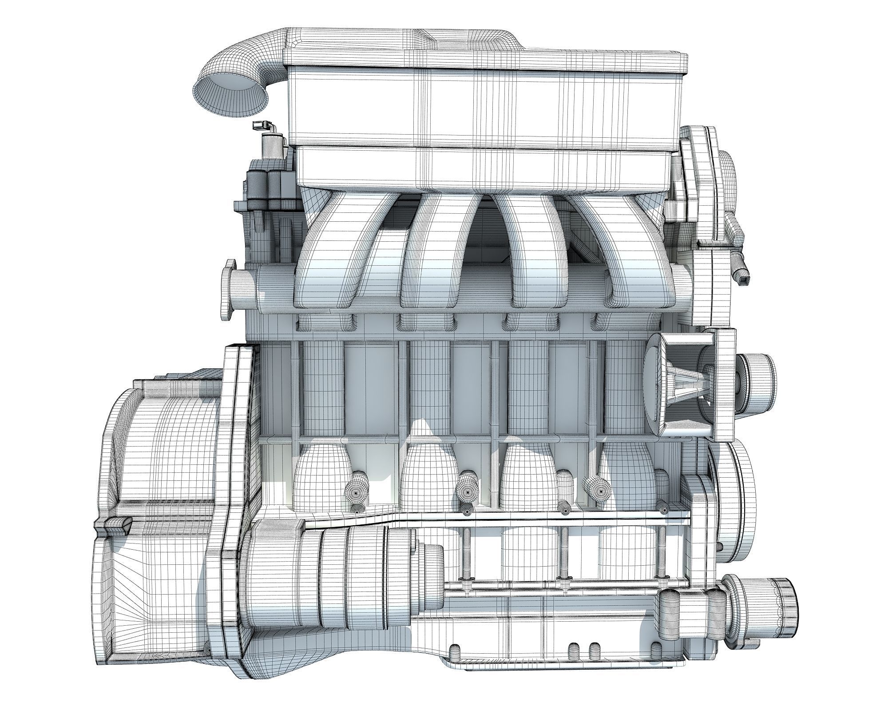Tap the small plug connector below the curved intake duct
pyautogui.click(x=258, y=126)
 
